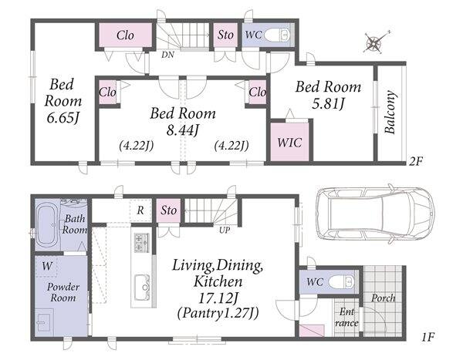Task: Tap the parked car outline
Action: [x=375, y=214]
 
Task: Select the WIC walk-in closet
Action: [x=289, y=143]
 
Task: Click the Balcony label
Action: [x=390, y=112]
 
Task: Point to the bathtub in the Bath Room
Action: [x=48, y=225]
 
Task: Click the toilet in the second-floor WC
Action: [x=278, y=35]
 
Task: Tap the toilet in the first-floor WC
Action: [x=341, y=282]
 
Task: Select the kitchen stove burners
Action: [x=142, y=243]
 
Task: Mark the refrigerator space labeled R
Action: [x=140, y=210]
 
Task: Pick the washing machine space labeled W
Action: [x=46, y=267]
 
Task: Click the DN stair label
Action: [x=167, y=55]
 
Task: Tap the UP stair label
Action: [x=225, y=230]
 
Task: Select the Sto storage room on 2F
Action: [x=225, y=35]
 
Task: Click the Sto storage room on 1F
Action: [x=168, y=210]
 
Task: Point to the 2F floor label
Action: [x=416, y=161]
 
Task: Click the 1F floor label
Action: [x=428, y=337]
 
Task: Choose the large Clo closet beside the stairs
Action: [x=126, y=35]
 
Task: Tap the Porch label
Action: [x=384, y=298]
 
